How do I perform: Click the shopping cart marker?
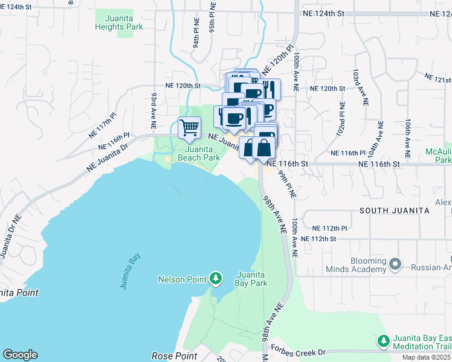[190, 128]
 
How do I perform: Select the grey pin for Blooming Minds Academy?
[396, 264]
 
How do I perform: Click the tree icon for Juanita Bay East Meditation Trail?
[383, 341]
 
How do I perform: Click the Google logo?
[20, 355]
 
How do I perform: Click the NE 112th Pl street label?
[330, 229]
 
